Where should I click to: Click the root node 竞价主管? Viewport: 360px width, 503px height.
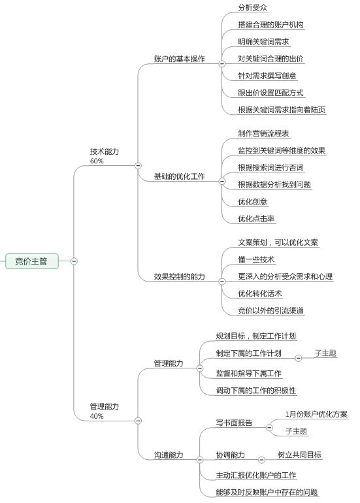point(32,261)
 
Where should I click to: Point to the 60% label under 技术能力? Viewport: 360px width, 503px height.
point(97,161)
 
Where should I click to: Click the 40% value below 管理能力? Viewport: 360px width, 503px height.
point(97,416)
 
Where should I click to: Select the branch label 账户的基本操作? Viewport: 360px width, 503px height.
point(180,59)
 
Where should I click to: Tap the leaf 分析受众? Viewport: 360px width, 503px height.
point(253,8)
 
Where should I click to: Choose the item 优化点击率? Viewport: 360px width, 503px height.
point(256,219)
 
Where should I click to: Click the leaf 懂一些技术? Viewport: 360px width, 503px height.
point(256,259)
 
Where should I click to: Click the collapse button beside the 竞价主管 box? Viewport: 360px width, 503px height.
point(74,261)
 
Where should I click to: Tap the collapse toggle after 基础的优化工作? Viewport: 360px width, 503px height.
point(221,181)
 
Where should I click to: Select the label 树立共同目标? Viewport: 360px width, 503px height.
point(299,455)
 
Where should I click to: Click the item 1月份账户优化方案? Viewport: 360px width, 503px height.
point(316,414)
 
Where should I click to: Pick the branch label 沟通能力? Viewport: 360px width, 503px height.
point(169,455)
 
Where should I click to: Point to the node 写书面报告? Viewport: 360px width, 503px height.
point(234,423)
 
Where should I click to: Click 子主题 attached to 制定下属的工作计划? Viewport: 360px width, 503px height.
point(325,353)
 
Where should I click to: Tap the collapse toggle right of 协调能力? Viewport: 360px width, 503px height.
point(261,460)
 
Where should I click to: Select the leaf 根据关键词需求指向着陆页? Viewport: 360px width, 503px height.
point(282,110)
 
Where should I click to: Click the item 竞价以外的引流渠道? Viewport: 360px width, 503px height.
point(270,310)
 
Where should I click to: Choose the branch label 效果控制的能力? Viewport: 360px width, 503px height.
point(180,276)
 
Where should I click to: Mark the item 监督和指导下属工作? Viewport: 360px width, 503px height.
point(249,374)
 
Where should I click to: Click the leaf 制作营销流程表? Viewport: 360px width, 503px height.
point(263,133)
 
